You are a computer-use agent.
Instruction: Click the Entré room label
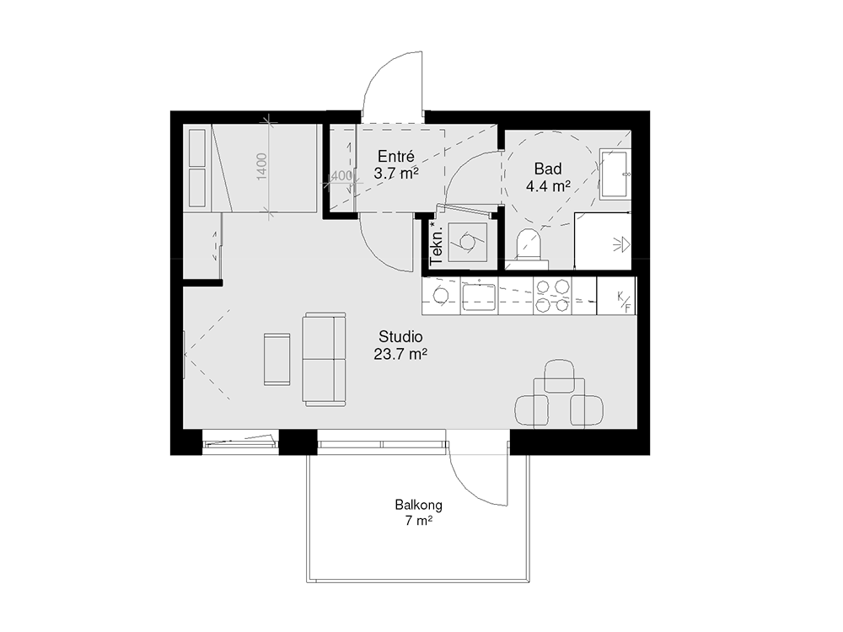(x=396, y=157)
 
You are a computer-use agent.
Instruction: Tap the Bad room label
(x=548, y=169)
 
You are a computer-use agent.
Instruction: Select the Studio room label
(x=400, y=337)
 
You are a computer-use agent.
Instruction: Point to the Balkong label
(x=419, y=505)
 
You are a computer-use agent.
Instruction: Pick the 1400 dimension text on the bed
(x=261, y=167)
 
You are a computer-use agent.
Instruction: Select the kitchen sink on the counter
(x=479, y=297)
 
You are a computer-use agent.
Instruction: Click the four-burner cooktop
(x=552, y=296)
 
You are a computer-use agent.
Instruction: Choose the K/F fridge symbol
(x=624, y=302)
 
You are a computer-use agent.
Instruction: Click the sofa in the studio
(x=324, y=359)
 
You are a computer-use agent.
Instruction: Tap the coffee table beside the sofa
(x=277, y=359)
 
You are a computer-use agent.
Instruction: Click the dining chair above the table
(x=559, y=376)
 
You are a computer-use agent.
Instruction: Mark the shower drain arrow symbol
(x=621, y=244)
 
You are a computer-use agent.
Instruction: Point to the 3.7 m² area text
(x=396, y=174)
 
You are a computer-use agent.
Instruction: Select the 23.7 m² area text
(x=400, y=354)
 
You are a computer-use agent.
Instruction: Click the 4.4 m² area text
(x=548, y=186)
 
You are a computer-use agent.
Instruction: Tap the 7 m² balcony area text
(x=419, y=521)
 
